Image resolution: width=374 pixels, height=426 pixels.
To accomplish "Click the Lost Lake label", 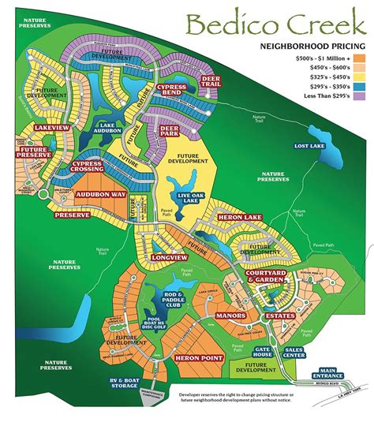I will [310, 147].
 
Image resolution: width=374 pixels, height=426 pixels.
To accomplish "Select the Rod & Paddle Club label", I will [177, 299].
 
